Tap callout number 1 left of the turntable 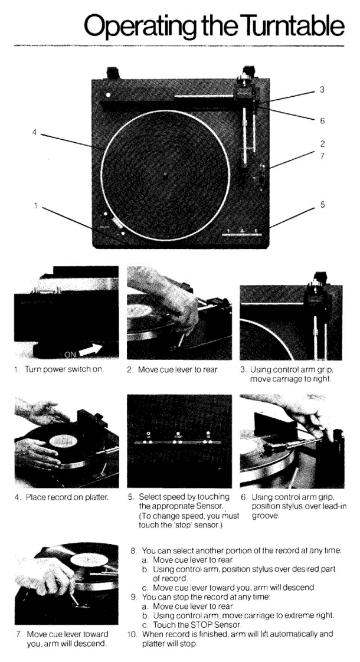coord(37,205)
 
